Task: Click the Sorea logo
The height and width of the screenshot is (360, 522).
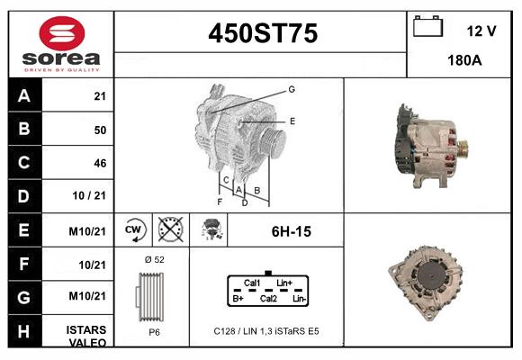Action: [x=61, y=45]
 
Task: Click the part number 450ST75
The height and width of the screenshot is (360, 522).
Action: [x=262, y=34]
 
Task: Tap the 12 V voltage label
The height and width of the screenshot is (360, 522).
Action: [x=481, y=31]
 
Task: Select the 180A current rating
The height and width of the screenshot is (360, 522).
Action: [x=464, y=61]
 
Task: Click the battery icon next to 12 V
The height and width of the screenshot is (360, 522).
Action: [x=428, y=27]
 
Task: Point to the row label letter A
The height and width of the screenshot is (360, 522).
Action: [x=24, y=96]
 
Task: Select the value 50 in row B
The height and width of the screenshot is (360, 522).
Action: [x=99, y=130]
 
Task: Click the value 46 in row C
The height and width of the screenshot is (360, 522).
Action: [x=99, y=163]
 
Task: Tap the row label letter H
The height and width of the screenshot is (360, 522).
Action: [x=24, y=330]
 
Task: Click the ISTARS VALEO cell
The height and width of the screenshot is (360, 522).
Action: [x=86, y=336]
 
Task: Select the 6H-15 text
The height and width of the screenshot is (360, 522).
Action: [x=291, y=231]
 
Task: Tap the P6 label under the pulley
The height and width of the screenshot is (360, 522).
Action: [x=153, y=331]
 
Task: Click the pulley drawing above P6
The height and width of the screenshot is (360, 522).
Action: [x=152, y=294]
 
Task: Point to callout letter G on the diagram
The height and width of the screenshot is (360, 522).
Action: [x=292, y=89]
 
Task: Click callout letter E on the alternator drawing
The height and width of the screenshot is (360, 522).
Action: [x=292, y=120]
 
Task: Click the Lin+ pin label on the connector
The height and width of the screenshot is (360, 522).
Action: [x=284, y=283]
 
